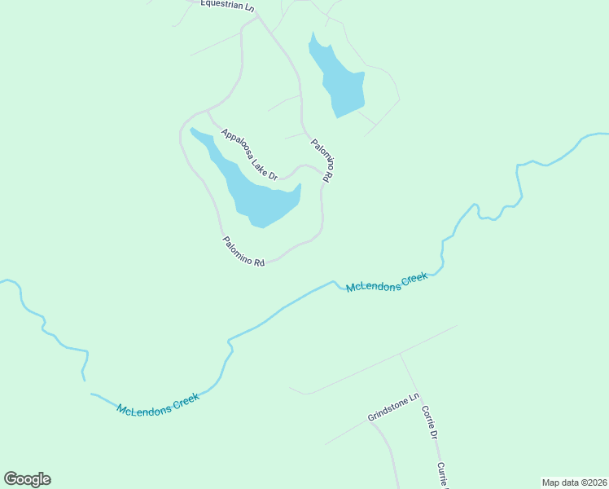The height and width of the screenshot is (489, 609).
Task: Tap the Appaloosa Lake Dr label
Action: (x=249, y=154)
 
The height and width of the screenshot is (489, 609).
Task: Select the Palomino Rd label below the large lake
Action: (x=244, y=253)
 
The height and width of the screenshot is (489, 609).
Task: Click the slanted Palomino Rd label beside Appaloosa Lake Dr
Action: (x=322, y=160)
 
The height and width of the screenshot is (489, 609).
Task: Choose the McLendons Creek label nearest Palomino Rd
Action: (x=387, y=283)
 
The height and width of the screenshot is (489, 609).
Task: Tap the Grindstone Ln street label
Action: (x=393, y=407)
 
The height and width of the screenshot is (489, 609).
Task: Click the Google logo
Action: (x=27, y=479)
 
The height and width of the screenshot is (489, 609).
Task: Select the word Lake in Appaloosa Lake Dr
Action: (x=260, y=164)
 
